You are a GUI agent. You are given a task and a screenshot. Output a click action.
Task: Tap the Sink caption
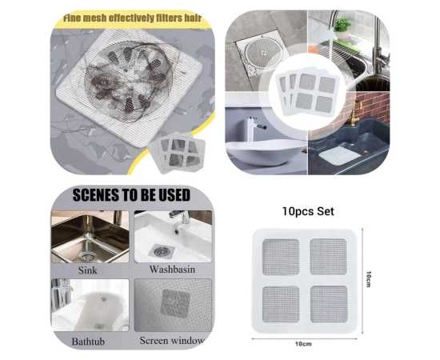click(87, 270)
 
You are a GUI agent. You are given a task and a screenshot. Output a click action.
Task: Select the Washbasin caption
click(172, 270)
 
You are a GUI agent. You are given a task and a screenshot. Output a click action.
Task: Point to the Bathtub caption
click(88, 342)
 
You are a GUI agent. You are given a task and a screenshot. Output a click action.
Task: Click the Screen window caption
click(172, 341)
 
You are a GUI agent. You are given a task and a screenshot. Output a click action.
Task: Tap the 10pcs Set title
click(308, 211)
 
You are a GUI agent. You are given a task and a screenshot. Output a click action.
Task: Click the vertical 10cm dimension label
click(369, 278)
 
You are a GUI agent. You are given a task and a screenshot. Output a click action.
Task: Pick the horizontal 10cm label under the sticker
click(303, 344)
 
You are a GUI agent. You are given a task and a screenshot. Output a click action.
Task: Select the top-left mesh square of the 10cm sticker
click(281, 257)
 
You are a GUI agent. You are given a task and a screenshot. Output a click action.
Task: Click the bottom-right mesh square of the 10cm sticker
click(329, 304)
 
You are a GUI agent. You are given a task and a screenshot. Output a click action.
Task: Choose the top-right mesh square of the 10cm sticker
click(328, 257)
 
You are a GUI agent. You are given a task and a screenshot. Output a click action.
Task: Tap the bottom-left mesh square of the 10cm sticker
click(281, 305)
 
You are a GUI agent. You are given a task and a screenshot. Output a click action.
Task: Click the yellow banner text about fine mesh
click(132, 18)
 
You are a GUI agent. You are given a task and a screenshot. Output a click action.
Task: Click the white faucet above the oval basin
click(250, 128)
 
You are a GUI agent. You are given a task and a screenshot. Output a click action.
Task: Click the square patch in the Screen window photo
click(175, 304)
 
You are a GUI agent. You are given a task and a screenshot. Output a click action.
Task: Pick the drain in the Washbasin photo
click(161, 251)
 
